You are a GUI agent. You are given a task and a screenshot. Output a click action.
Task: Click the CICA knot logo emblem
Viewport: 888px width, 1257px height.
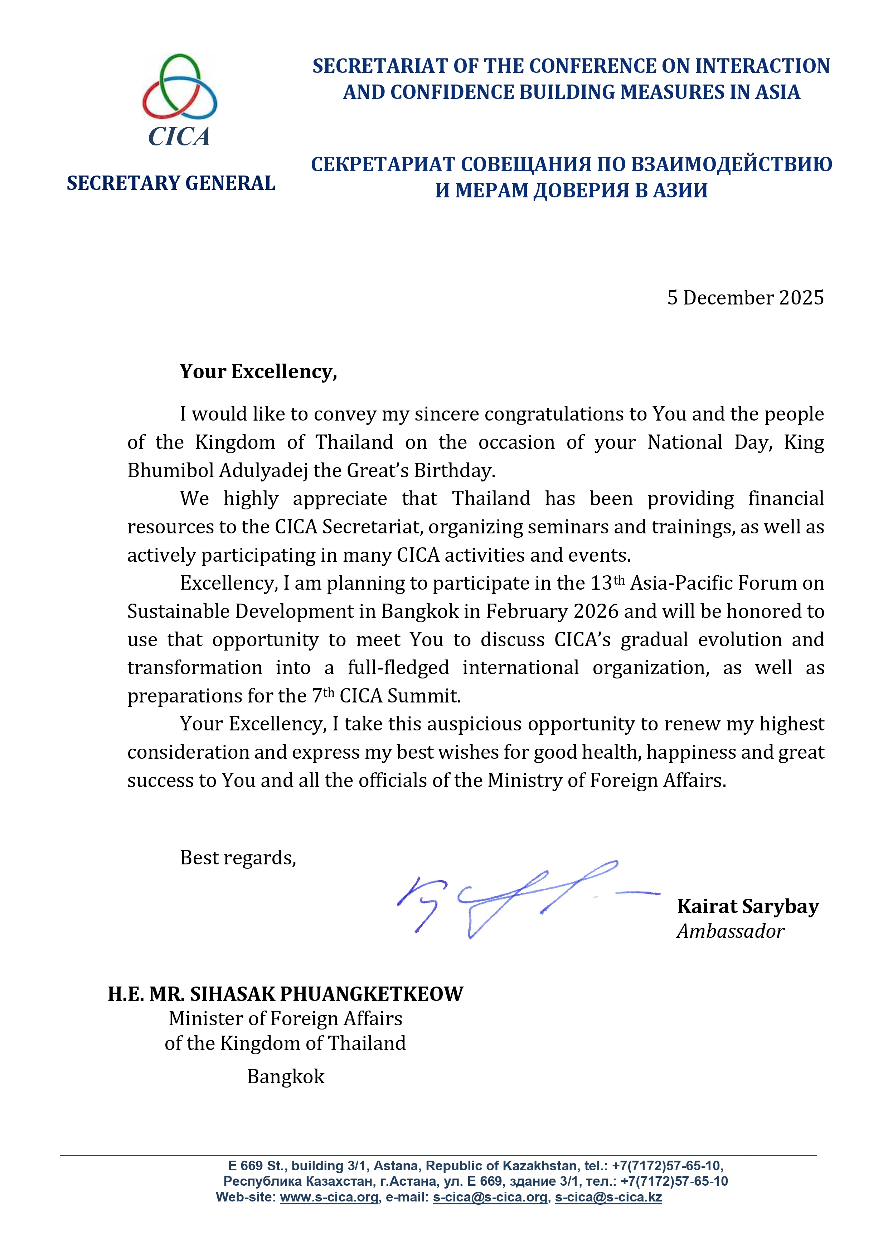(x=179, y=88)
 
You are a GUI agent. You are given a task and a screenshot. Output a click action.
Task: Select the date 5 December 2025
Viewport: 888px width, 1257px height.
(x=745, y=298)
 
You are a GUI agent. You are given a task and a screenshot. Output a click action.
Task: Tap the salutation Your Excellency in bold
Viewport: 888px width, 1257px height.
(x=258, y=372)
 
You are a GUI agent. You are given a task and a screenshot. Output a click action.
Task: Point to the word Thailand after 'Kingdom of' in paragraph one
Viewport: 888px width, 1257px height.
(x=355, y=442)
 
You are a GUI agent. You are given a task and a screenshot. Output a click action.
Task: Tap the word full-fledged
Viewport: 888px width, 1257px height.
(x=398, y=668)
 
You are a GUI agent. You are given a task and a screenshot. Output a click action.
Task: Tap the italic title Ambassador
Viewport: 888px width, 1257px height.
(x=731, y=931)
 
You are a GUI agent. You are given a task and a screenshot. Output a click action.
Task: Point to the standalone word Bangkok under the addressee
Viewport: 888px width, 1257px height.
(x=286, y=1077)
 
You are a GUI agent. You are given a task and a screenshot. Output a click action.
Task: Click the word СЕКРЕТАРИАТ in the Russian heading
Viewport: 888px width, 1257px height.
(x=383, y=164)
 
